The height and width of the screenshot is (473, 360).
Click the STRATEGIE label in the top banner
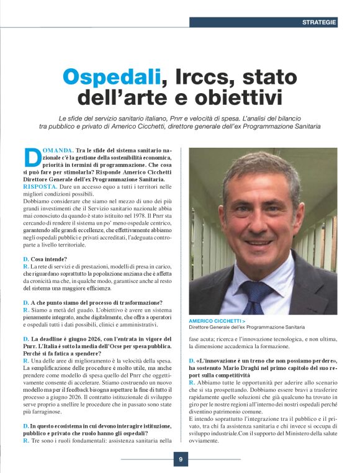coord(319,22)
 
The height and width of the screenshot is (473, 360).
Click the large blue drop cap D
coord(30,158)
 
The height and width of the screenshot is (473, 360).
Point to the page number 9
coord(180,459)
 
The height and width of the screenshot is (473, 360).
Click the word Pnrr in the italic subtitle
coord(207,117)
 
